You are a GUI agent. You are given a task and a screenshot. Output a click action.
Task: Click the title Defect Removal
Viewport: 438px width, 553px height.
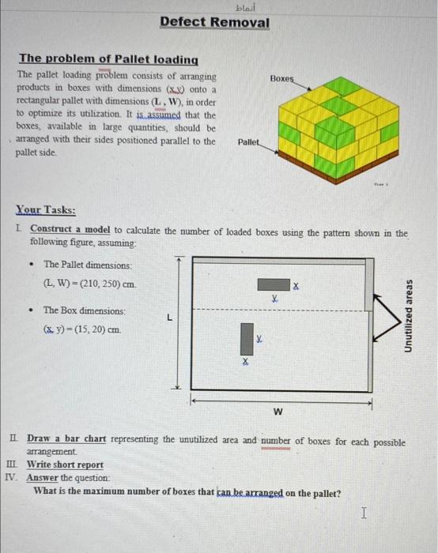214,22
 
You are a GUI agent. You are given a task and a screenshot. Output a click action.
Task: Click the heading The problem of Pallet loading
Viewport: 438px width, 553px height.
108,59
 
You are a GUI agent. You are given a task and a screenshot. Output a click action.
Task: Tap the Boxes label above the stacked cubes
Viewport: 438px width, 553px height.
281,79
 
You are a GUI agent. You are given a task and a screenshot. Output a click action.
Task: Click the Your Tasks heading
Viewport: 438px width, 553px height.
46,210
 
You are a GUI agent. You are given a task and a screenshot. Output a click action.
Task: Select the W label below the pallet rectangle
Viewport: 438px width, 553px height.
278,412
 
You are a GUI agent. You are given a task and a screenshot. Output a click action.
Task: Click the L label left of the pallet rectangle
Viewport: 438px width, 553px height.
168,318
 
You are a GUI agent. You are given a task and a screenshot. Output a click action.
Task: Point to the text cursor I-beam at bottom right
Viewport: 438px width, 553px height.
363,513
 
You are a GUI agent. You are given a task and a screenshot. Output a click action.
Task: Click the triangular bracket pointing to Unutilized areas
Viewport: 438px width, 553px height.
387,317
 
